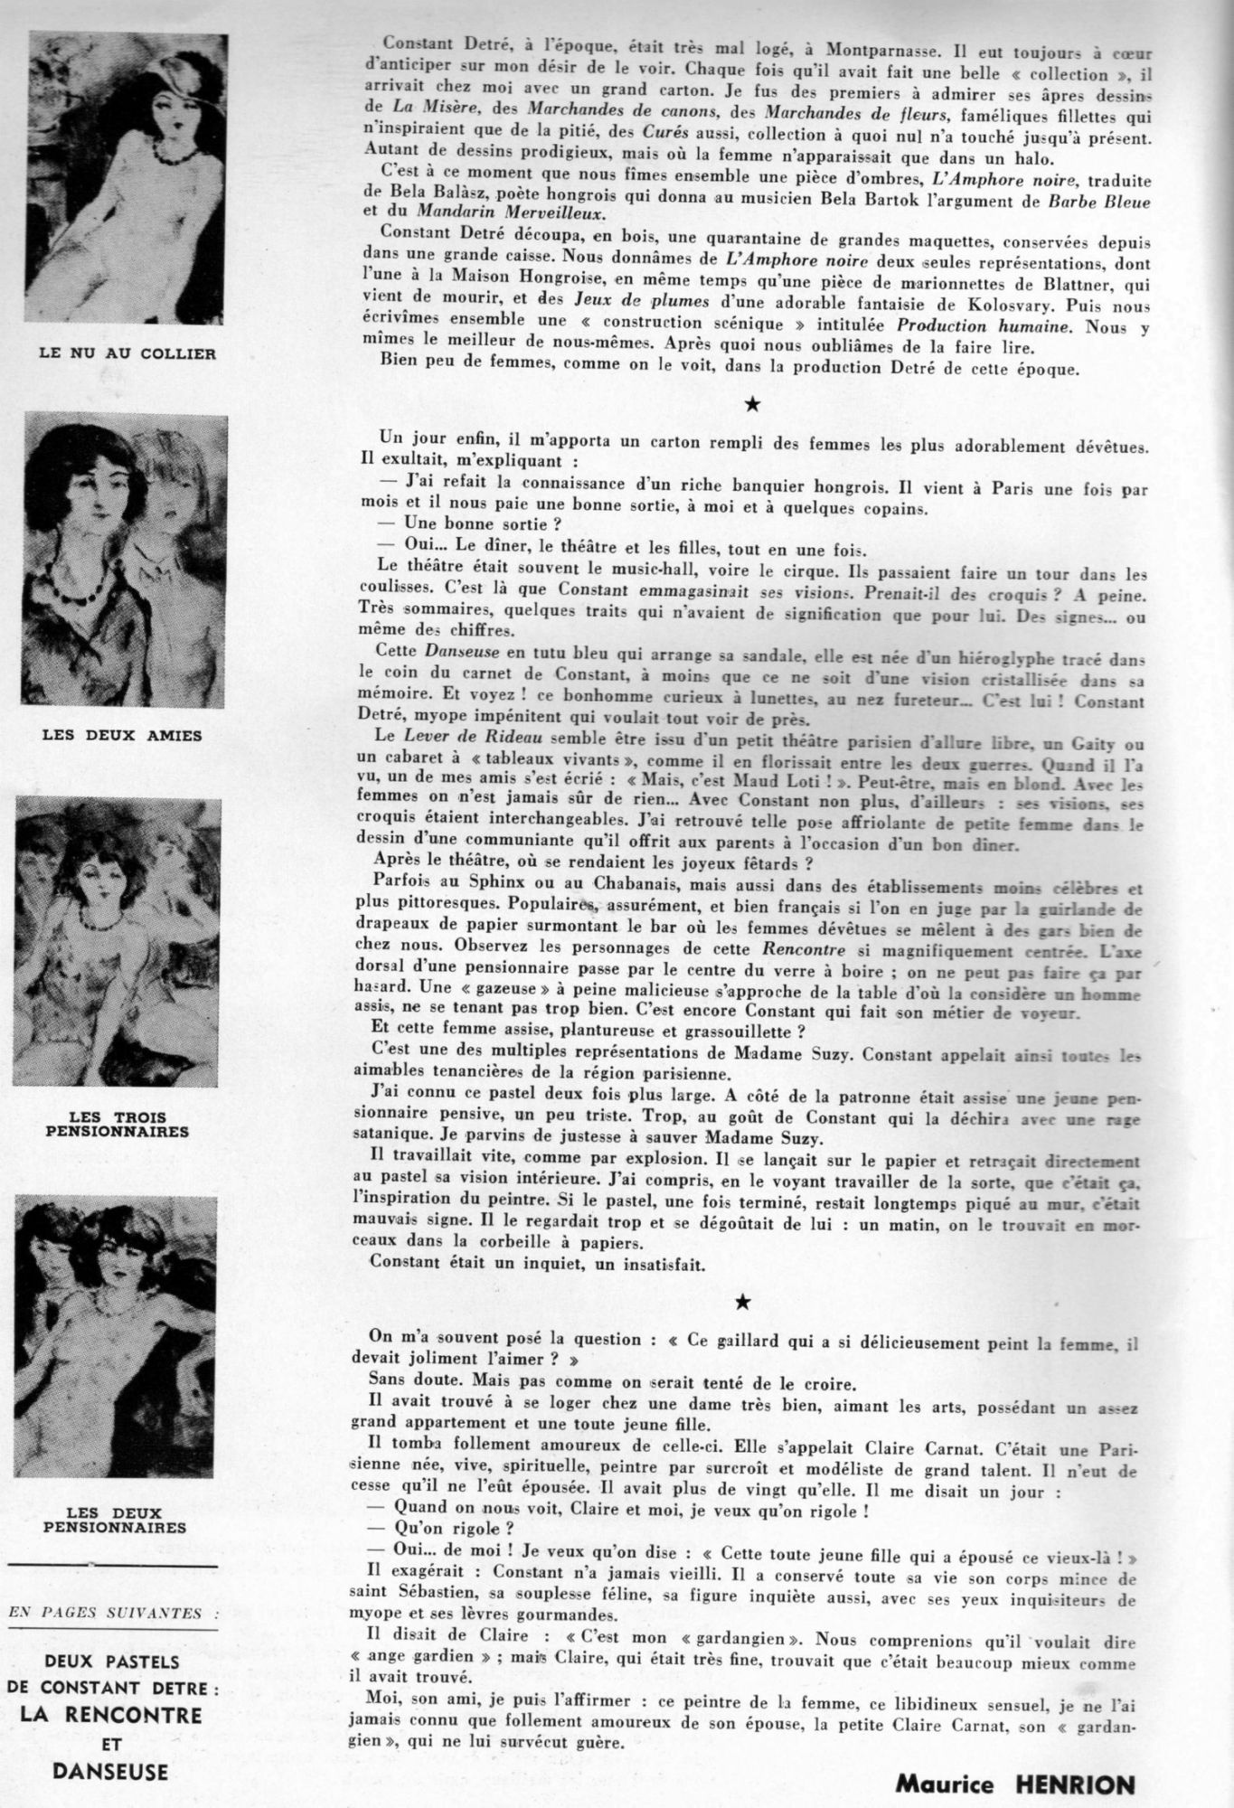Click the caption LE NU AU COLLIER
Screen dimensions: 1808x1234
coord(127,354)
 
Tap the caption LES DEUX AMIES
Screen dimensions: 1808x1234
coord(122,736)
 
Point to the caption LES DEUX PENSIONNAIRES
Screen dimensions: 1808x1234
coord(126,1521)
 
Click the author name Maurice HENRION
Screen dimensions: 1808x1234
coord(1013,1784)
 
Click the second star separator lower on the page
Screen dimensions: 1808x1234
coord(742,1302)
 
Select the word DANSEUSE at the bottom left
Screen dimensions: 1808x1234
coord(111,1770)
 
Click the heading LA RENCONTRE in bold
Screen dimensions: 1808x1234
coord(112,1715)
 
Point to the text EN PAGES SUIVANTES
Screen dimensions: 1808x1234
coord(112,1611)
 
